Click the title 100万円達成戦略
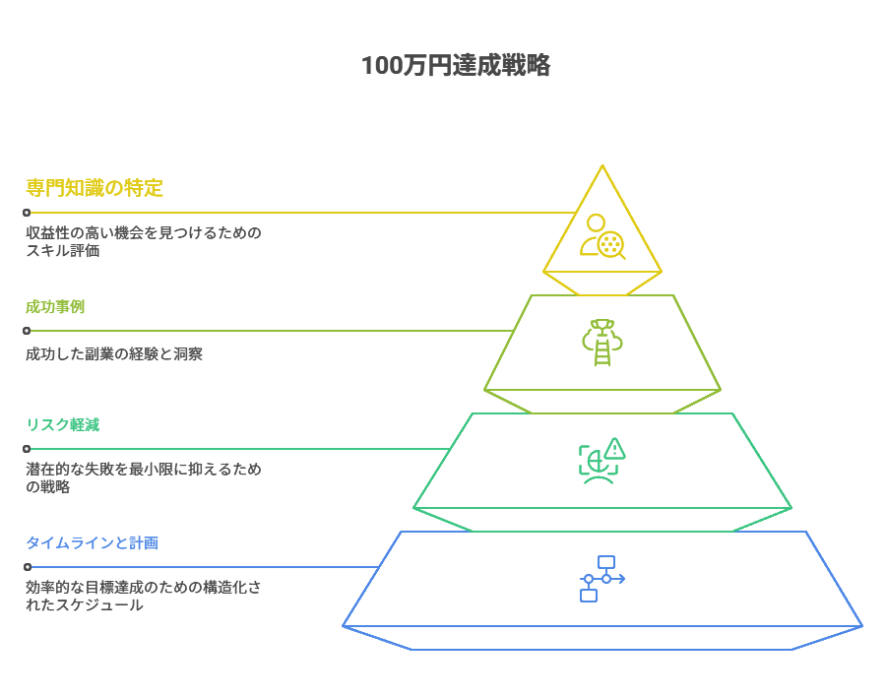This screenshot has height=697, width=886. click(x=455, y=66)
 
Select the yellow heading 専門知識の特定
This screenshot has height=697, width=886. click(x=95, y=187)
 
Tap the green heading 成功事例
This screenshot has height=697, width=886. click(x=55, y=306)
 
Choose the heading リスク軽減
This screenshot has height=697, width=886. click(x=62, y=424)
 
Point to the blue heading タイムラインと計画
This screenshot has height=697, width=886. click(x=92, y=542)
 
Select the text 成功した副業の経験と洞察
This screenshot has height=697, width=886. click(x=114, y=353)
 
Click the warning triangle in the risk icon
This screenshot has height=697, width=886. click(x=615, y=449)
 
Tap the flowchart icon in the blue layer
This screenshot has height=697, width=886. click(x=601, y=578)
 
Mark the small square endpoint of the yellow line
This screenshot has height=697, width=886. click(x=27, y=212)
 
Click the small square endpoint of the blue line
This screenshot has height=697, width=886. click(x=27, y=567)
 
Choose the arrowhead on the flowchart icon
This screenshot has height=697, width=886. click(x=622, y=578)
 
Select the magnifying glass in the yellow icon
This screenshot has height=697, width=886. click(x=613, y=245)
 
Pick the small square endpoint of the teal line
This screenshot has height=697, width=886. click(x=27, y=449)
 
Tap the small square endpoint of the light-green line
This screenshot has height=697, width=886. click(x=27, y=331)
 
